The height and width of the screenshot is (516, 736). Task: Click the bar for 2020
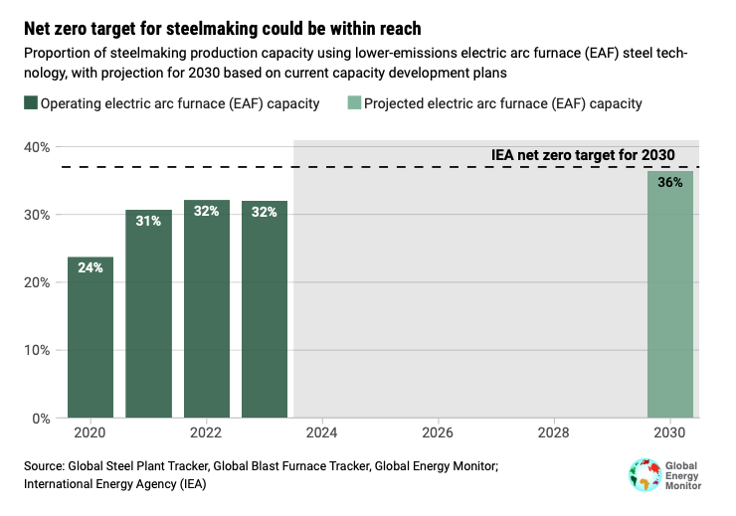click(91, 337)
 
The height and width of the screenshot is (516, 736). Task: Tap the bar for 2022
click(207, 308)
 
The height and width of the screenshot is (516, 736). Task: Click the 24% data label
click(91, 267)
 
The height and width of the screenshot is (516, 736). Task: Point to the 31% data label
click(148, 221)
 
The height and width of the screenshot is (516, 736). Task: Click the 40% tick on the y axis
click(38, 147)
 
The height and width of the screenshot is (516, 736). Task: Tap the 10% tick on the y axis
click(38, 350)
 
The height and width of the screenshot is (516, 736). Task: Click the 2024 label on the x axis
click(322, 433)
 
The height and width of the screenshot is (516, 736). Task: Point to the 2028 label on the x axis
click(554, 433)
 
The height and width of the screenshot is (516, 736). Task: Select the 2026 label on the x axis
click(438, 433)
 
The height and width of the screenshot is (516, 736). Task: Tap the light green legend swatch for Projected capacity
click(352, 103)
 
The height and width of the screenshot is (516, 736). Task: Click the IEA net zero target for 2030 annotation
click(584, 155)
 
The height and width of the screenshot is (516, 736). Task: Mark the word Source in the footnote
click(42, 465)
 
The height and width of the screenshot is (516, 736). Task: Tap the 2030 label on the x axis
click(670, 433)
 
